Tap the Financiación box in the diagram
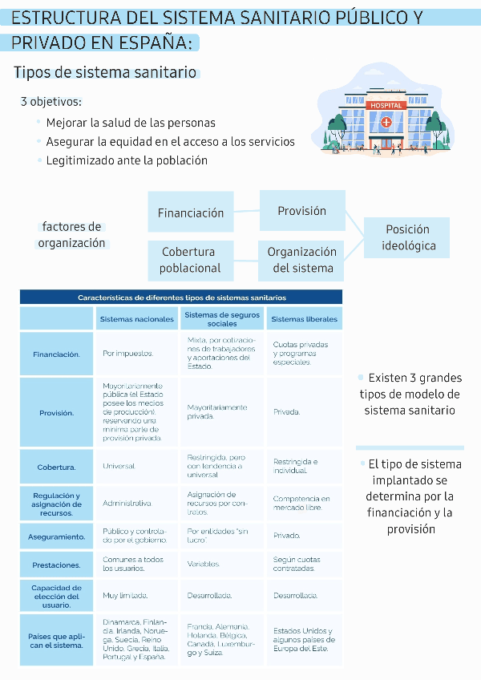[x=191, y=212]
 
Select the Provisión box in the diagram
[x=302, y=211]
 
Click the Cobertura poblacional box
[x=191, y=260]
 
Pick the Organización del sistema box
[x=302, y=260]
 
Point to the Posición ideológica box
[x=408, y=237]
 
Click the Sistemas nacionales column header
[x=137, y=318]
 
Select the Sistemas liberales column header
[x=304, y=318]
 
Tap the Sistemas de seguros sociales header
[x=222, y=318]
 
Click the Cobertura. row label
[x=56, y=467]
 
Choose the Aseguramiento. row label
[x=56, y=536]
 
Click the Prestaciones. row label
[x=56, y=565]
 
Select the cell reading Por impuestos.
[x=128, y=353]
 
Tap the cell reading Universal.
[x=119, y=466]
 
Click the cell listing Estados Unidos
[x=304, y=640]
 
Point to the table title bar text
[x=182, y=297]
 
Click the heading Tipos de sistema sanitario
[x=105, y=73]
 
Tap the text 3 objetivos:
[x=51, y=102]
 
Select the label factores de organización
[x=71, y=235]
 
